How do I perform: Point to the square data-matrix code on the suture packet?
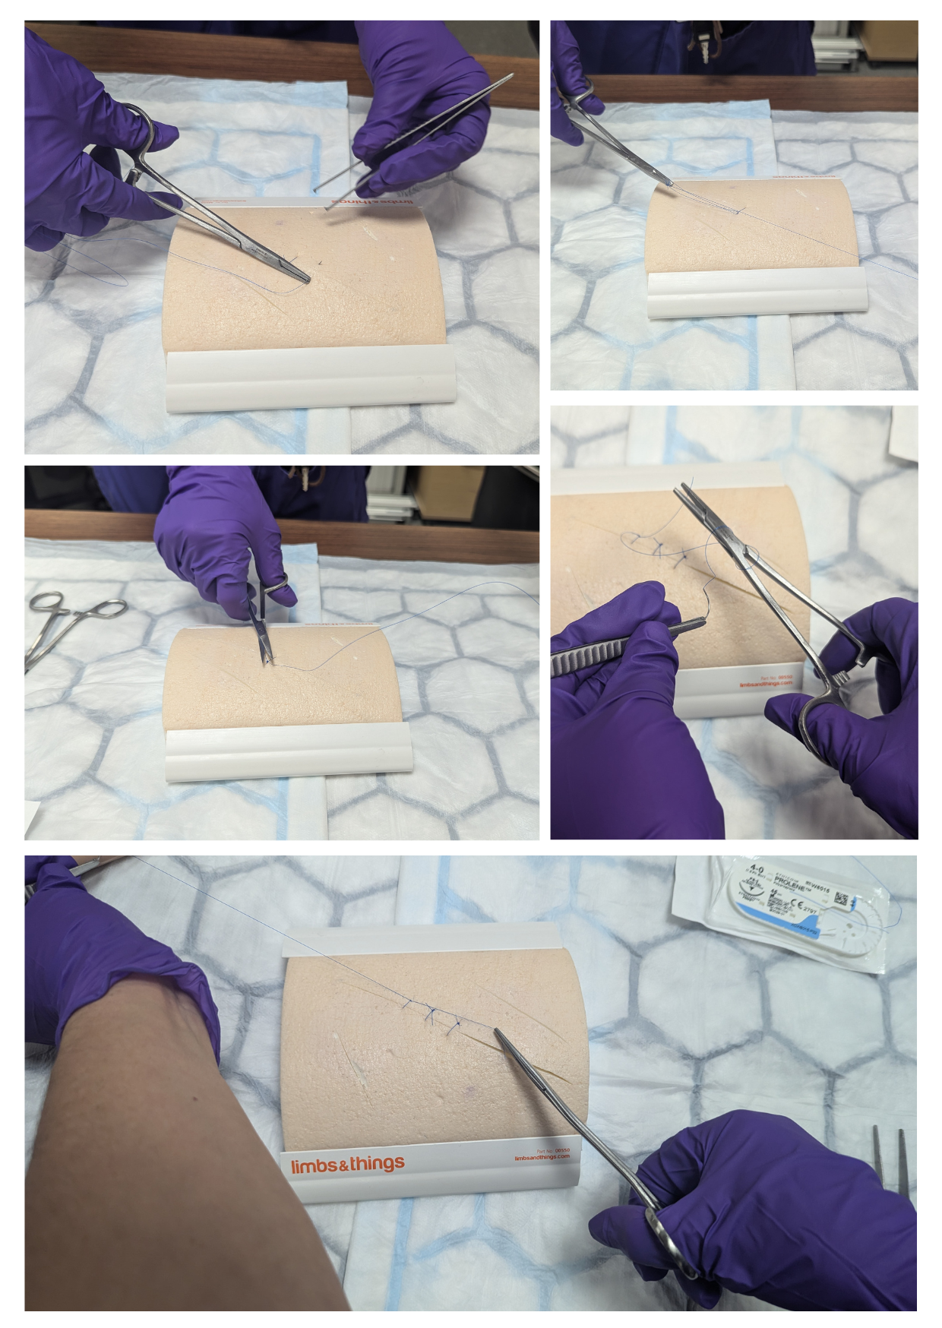coord(840,899)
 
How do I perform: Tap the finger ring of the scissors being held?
coord(277,584)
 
